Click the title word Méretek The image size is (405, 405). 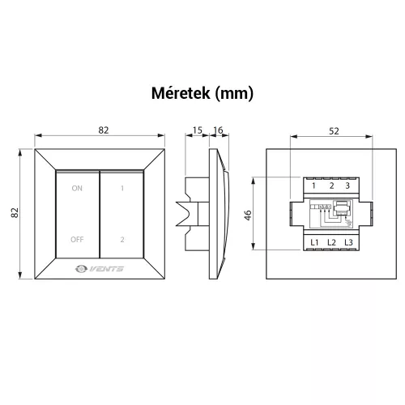tap(181, 93)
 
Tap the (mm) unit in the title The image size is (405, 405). tap(234, 94)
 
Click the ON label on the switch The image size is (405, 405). tap(77, 188)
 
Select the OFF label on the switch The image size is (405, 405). tap(77, 240)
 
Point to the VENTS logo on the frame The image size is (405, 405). tap(100, 269)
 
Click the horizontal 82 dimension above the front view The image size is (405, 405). tap(104, 130)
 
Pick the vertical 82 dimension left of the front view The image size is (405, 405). tap(15, 212)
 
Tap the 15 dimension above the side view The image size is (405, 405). tap(198, 130)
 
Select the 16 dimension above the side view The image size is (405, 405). tap(218, 130)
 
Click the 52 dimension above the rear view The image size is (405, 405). tap(334, 131)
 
